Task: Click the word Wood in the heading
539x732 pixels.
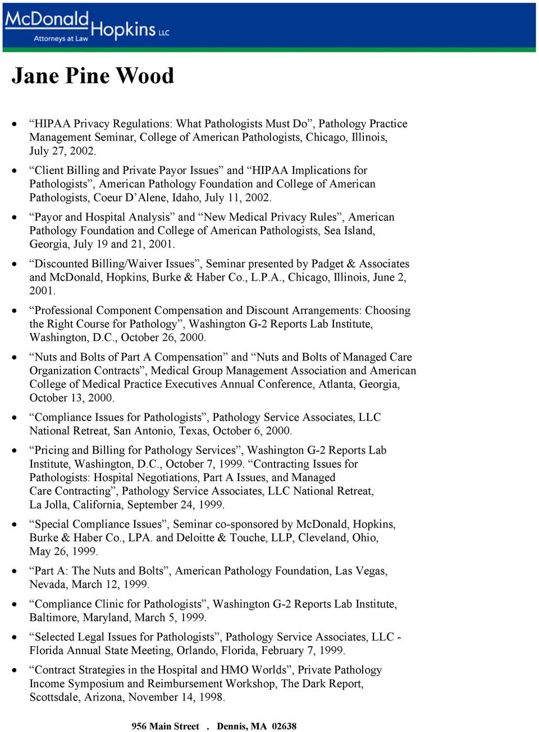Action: point(145,76)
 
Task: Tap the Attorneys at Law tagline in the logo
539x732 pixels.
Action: point(61,39)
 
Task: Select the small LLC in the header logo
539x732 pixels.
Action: point(163,33)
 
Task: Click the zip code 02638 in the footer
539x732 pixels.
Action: point(284,726)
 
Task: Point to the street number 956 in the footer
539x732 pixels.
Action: point(139,726)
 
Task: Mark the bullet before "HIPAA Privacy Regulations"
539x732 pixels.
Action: point(15,123)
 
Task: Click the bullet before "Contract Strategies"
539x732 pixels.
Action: point(15,670)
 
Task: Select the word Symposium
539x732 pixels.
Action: point(95,684)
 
